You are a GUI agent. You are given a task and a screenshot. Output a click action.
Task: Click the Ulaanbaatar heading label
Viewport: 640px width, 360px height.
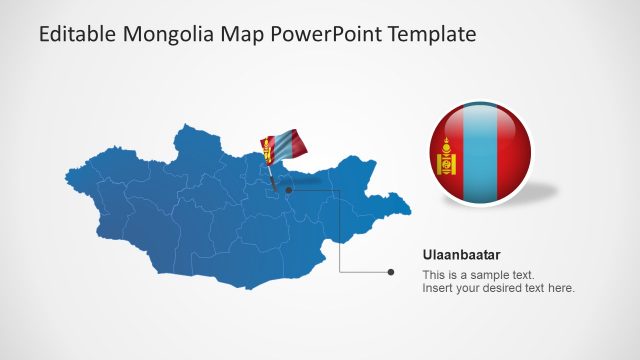(x=460, y=255)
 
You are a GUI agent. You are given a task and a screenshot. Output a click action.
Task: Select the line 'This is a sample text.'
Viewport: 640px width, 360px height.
(x=478, y=275)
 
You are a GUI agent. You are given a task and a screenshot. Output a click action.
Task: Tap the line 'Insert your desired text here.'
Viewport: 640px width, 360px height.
(x=498, y=289)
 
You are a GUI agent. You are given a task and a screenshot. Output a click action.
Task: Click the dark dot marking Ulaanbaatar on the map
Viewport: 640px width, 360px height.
(x=288, y=189)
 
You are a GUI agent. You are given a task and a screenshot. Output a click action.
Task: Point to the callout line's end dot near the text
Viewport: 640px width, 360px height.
(x=390, y=271)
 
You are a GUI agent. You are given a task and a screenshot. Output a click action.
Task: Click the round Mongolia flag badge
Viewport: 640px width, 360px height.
(x=480, y=156)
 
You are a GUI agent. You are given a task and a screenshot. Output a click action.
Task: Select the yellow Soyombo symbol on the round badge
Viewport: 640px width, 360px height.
(x=446, y=157)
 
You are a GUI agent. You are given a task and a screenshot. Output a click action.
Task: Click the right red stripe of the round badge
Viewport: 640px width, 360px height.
(x=514, y=156)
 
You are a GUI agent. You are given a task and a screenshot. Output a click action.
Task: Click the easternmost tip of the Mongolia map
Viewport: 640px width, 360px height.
(x=410, y=210)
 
